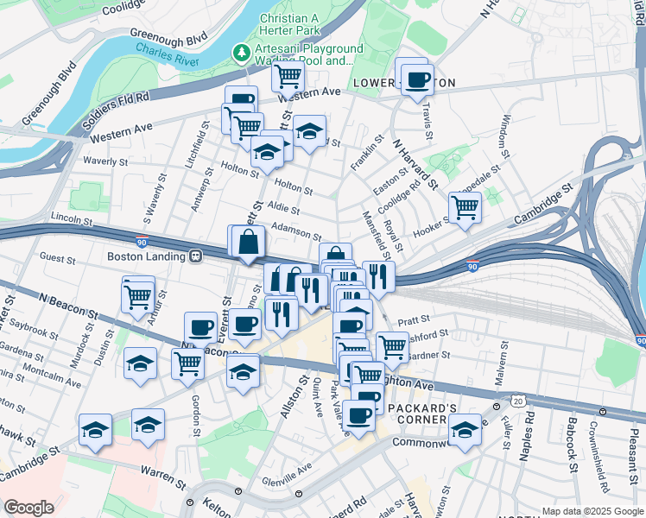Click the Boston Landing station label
[x=148, y=256]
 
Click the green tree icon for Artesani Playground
[x=242, y=54]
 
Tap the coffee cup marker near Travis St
[x=418, y=81]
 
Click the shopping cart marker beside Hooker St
[x=465, y=208]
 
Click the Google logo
[x=28, y=508]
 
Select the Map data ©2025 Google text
[x=592, y=511]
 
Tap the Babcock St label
[x=572, y=445]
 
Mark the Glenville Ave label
[x=287, y=471]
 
